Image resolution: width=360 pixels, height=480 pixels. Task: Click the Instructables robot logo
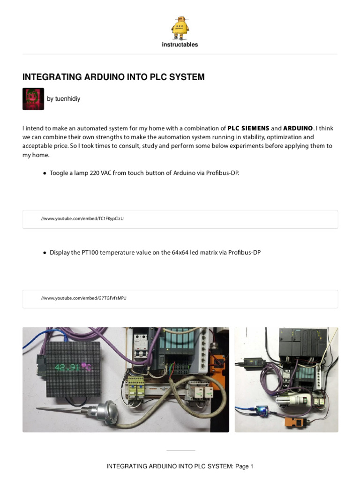pos(180,28)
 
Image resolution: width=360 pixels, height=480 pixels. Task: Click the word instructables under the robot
pos(180,45)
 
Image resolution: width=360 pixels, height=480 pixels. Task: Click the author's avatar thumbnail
pos(33,99)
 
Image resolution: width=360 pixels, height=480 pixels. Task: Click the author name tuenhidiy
pos(63,99)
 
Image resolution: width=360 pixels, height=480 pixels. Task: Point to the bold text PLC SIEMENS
pos(248,128)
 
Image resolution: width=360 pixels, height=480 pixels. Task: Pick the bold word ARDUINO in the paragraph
pos(298,128)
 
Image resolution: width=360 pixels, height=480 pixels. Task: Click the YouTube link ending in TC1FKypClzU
pos(82,219)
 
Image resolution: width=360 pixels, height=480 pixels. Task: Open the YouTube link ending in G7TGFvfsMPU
pos(83,298)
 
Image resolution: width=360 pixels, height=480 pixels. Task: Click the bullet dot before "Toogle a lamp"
pos(45,173)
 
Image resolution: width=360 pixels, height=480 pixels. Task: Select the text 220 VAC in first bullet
pos(100,173)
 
